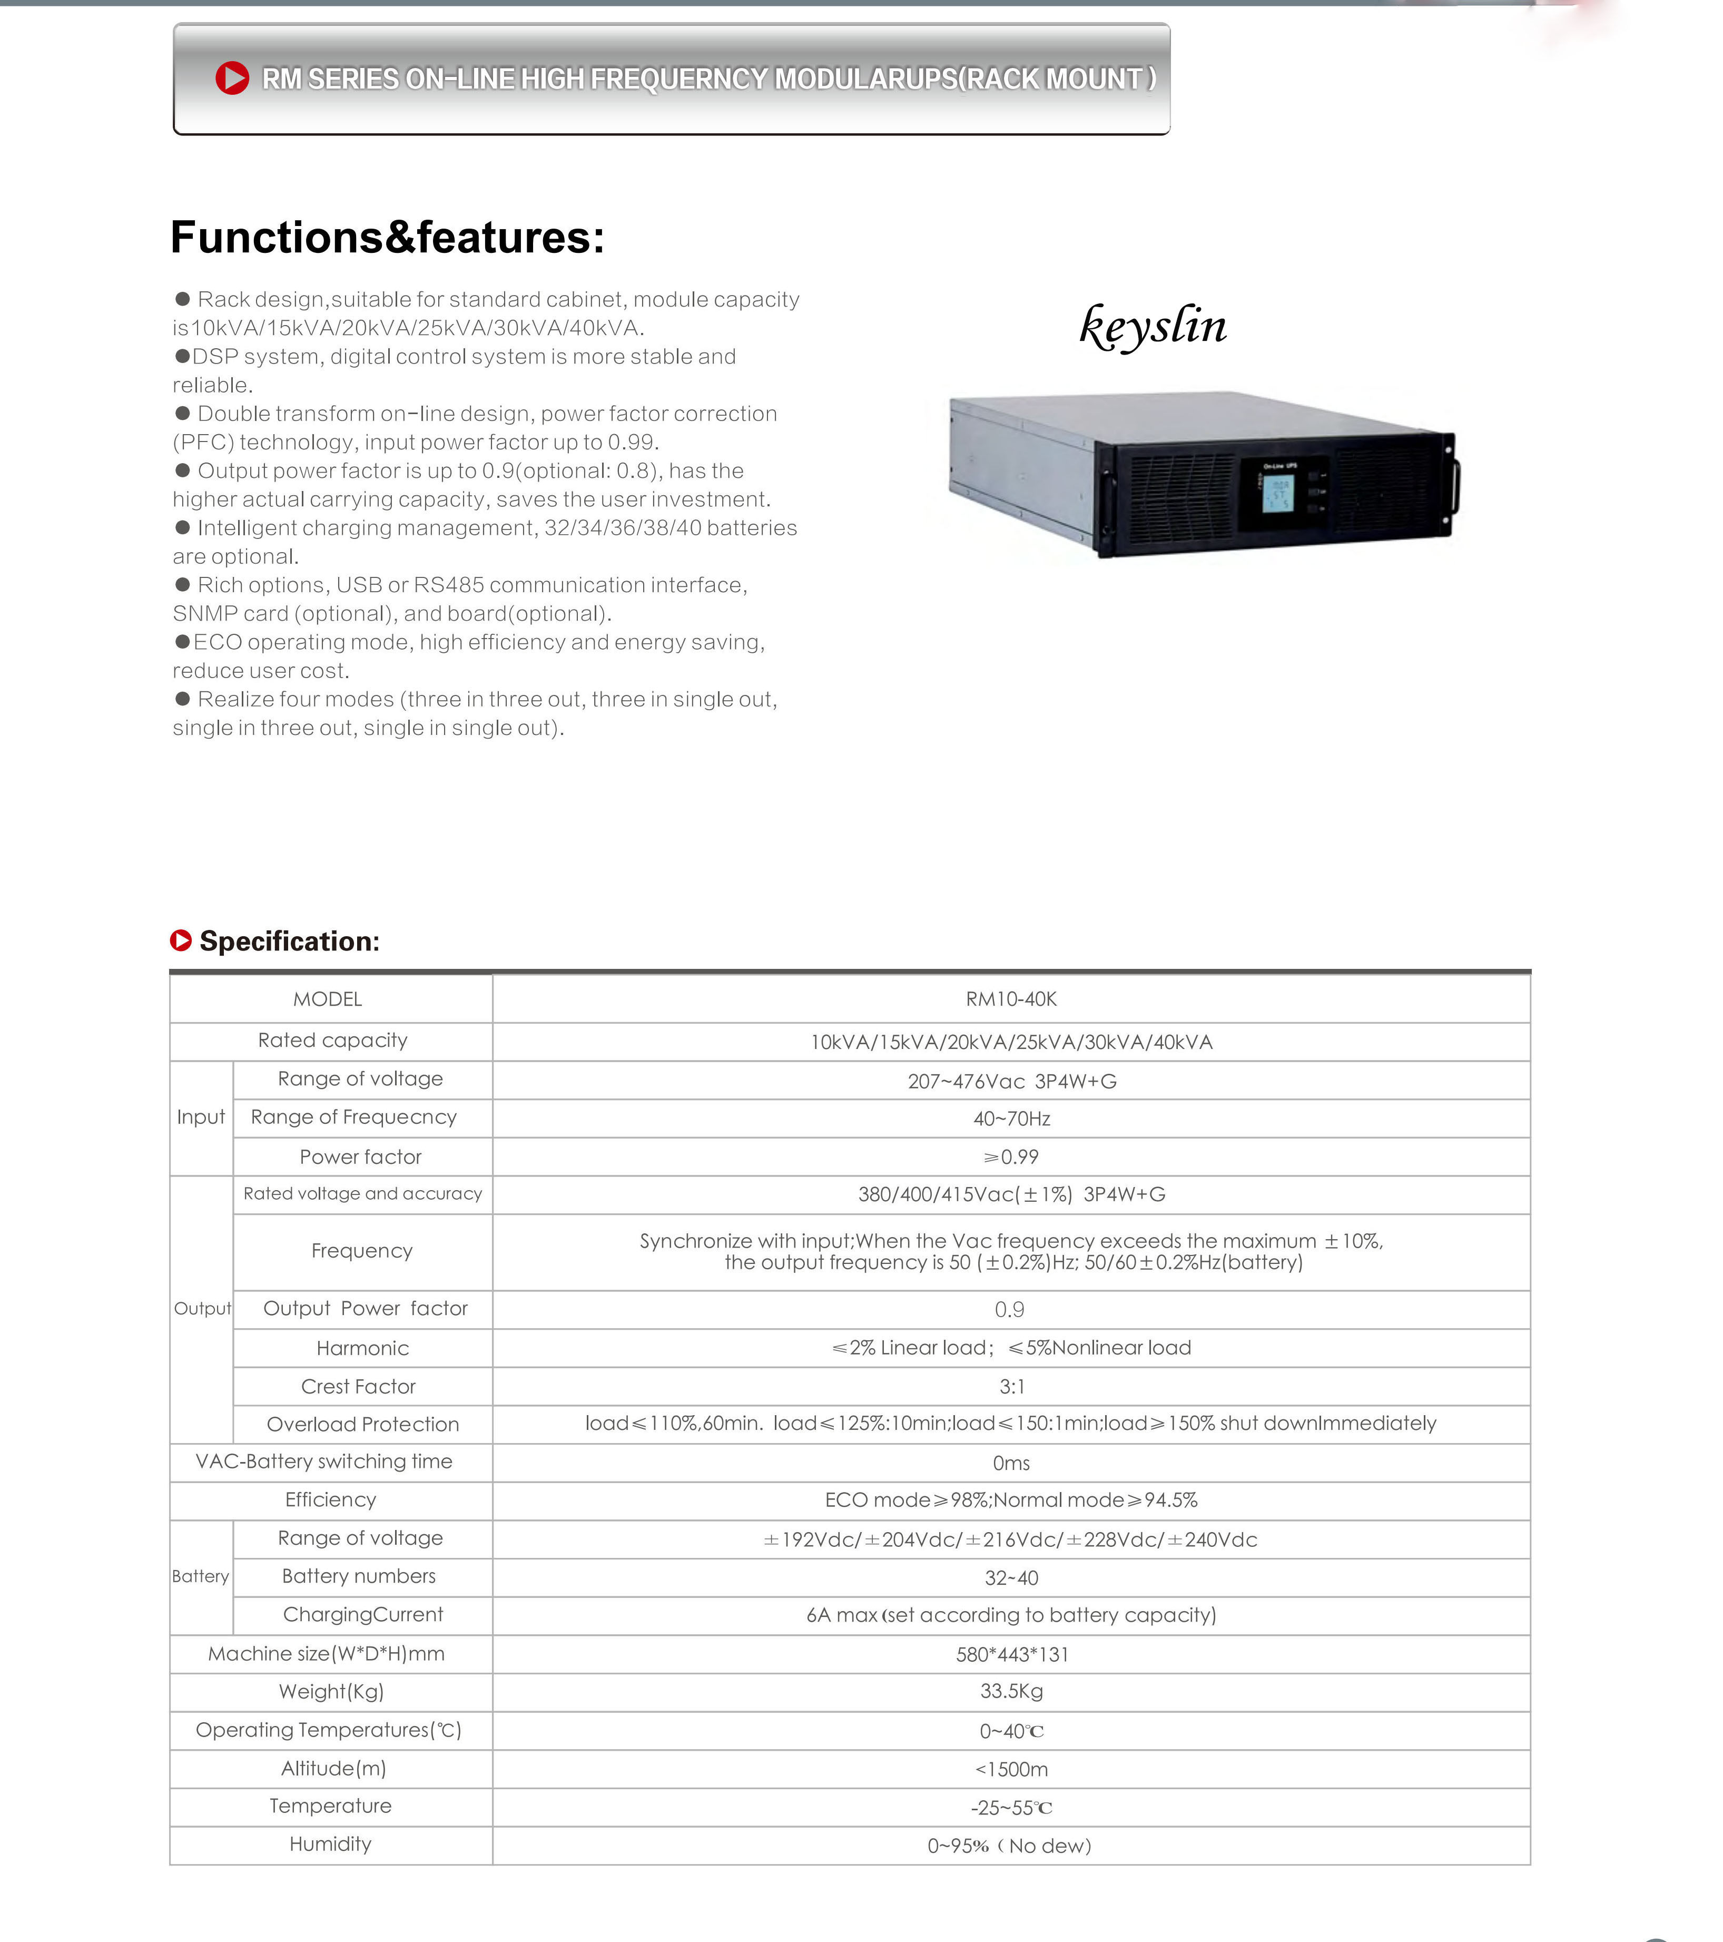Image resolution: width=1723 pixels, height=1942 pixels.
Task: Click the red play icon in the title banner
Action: [x=232, y=78]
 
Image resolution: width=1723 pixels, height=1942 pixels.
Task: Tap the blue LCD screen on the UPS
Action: [x=1277, y=492]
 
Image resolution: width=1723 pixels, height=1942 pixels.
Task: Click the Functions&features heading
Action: [x=388, y=238]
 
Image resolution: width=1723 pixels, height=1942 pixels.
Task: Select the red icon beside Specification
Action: [x=181, y=940]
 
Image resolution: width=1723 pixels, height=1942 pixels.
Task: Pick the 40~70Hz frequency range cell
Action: [x=1011, y=1119]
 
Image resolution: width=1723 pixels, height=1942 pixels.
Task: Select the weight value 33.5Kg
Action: [x=1011, y=1691]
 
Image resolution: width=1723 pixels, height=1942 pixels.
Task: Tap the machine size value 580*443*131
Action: [x=1011, y=1654]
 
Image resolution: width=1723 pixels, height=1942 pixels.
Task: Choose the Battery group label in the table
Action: [x=200, y=1576]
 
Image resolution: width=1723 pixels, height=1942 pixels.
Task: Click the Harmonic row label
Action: [x=363, y=1348]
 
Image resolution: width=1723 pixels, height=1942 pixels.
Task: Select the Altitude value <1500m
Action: [x=1011, y=1769]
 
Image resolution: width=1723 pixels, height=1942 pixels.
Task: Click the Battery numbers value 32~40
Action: [x=1011, y=1578]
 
